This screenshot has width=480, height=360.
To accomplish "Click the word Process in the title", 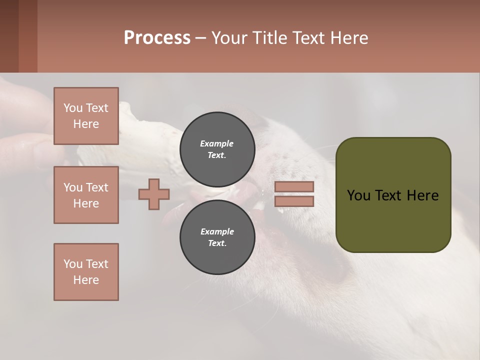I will tap(157, 37).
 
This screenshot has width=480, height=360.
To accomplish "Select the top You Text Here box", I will tap(86, 116).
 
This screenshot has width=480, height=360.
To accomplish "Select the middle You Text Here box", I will tap(86, 195).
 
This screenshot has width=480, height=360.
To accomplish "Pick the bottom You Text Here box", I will tap(86, 272).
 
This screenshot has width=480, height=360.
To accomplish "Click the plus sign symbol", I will tap(154, 194).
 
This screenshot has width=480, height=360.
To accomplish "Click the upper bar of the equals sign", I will tap(294, 187).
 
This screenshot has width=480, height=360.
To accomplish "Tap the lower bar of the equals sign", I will tap(294, 201).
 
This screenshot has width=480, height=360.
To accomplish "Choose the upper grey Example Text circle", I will tap(217, 149).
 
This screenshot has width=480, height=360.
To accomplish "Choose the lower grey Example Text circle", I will tap(217, 237).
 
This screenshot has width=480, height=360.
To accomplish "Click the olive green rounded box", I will tap(393, 220).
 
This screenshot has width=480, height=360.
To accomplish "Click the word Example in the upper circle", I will tap(217, 143).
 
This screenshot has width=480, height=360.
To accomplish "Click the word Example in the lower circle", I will tap(217, 231).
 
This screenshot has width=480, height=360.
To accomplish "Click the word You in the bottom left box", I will tap(73, 264).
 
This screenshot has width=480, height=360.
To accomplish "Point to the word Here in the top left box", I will tap(86, 124).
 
